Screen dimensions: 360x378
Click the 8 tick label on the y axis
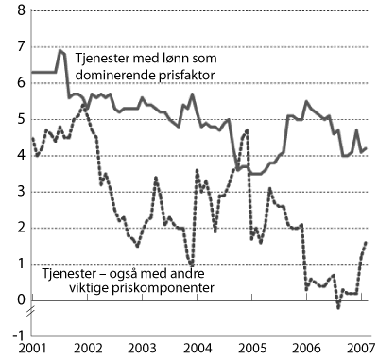point(22,11)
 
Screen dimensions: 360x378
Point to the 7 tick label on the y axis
point(22,47)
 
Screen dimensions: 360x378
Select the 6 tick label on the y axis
point(22,83)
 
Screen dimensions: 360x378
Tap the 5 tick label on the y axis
point(22,120)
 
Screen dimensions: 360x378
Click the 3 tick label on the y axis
point(22,192)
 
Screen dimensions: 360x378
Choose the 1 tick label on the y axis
point(22,265)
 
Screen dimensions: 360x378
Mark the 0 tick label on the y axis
point(22,300)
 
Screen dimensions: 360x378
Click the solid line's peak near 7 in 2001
point(60,50)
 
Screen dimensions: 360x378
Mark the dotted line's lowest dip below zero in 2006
point(338,307)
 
